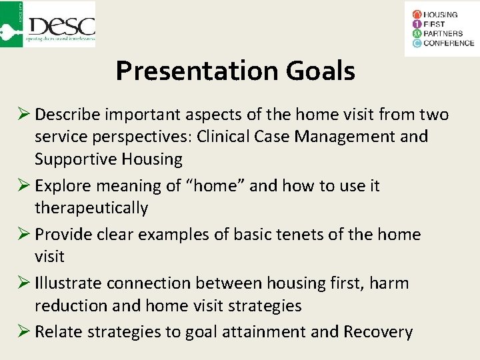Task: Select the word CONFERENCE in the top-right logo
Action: tap(449, 43)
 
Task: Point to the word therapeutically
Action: tap(91, 208)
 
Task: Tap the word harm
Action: tap(390, 283)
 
